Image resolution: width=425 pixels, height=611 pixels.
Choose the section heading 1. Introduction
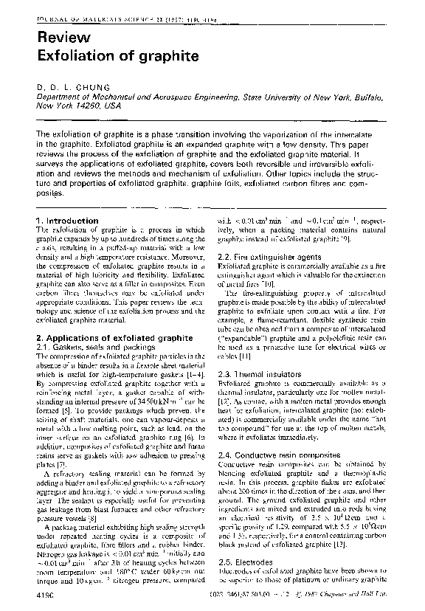(67, 221)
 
